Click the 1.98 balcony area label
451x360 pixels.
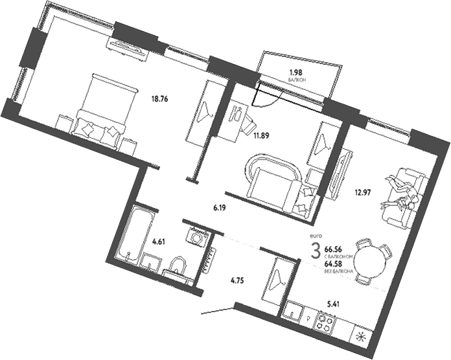tap(295, 73)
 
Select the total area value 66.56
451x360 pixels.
tap(334, 248)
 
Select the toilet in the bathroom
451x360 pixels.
tap(178, 265)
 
